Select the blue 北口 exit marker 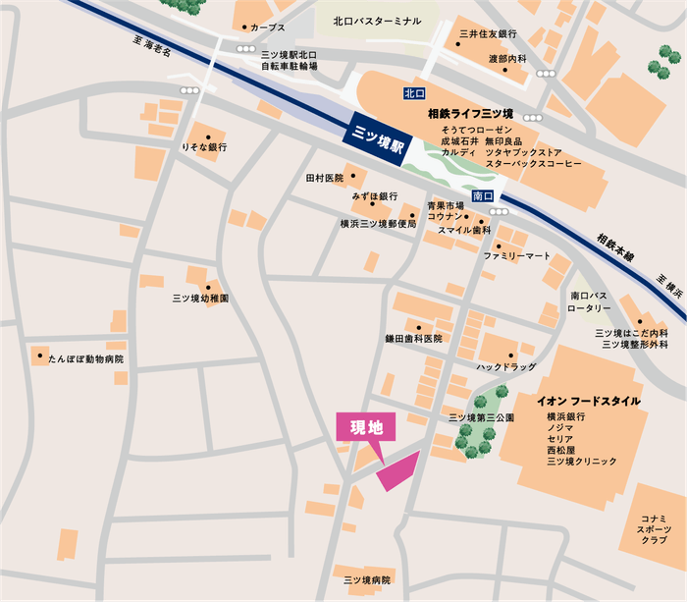(413, 93)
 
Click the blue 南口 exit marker (482, 195)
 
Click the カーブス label (267, 28)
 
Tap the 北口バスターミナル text (377, 21)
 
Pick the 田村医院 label (325, 179)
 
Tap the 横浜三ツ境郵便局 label (378, 224)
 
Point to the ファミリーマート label (517, 256)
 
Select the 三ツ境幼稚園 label (200, 298)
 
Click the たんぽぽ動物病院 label (86, 359)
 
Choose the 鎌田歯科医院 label (413, 339)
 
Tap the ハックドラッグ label (506, 366)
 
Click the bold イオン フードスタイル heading (588, 402)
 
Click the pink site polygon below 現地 (396, 470)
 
